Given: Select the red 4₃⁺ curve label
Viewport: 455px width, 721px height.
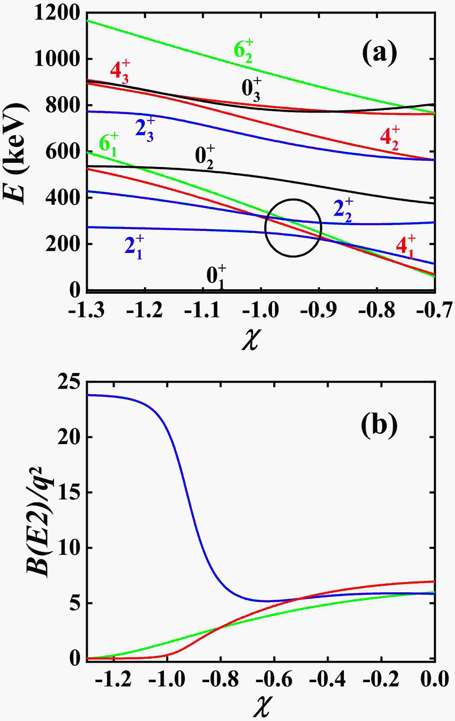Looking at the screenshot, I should point(120,71).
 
